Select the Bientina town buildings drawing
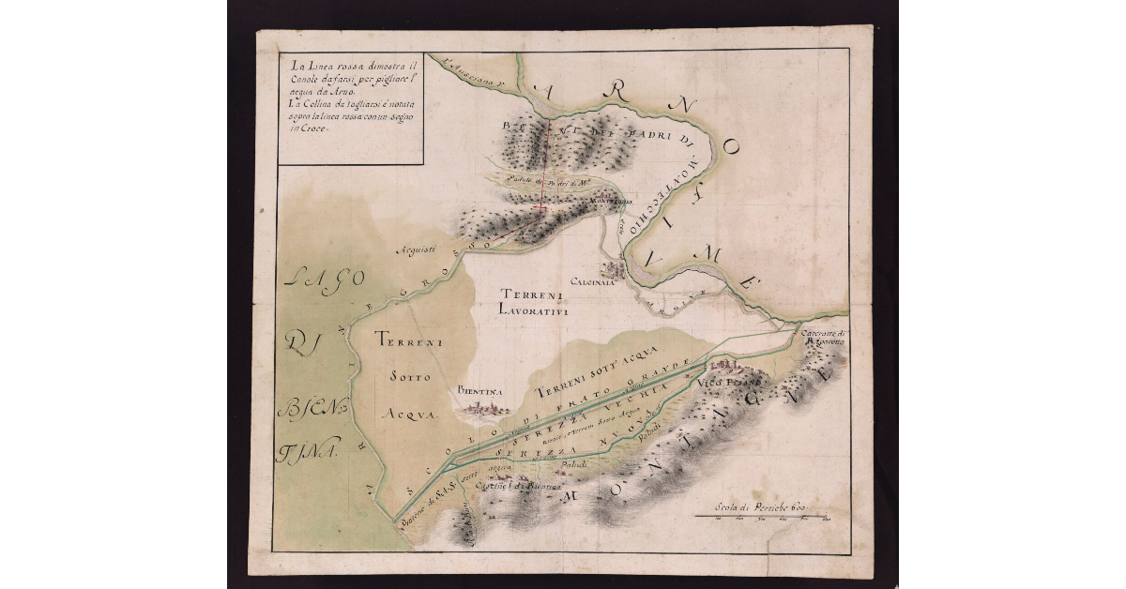point(482,409)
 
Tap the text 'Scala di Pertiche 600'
point(761,506)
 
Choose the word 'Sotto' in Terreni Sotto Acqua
point(409,377)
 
